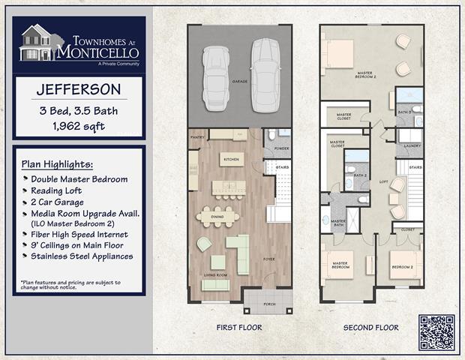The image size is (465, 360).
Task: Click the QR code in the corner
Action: pos(436,332)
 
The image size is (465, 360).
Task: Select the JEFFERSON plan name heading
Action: pos(79,89)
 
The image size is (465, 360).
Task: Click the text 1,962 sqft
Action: pos(79,127)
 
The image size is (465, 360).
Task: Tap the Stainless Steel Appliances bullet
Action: pos(82,256)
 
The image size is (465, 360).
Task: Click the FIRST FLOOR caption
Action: pos(238,328)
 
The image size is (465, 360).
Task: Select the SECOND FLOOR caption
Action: pos(370,328)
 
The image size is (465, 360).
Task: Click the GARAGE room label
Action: pos(239,81)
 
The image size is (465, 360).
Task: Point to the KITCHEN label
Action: pos(229,159)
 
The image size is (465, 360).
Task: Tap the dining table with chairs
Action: pos(218,216)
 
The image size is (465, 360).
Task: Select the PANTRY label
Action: pos(197,138)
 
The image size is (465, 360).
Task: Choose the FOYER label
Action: pos(268,260)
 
